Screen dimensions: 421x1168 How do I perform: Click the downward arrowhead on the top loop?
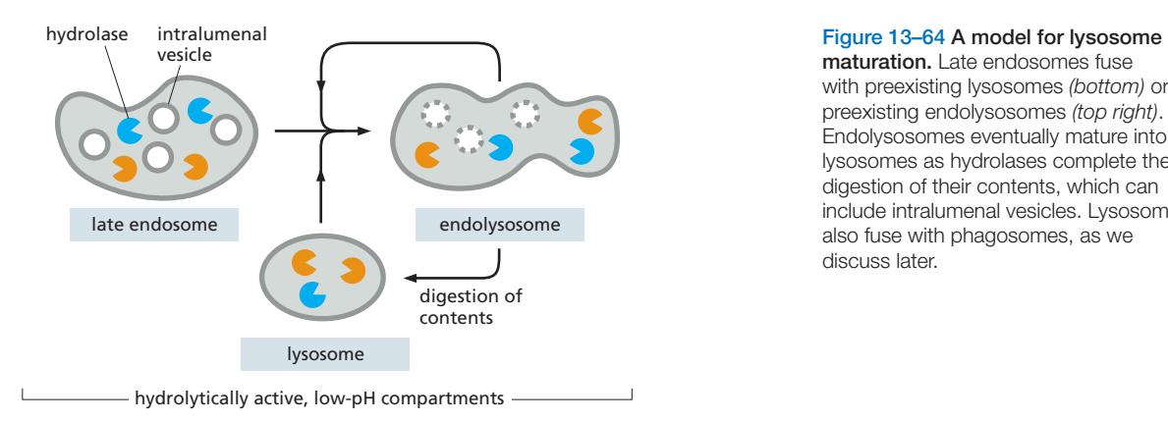point(322,90)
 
